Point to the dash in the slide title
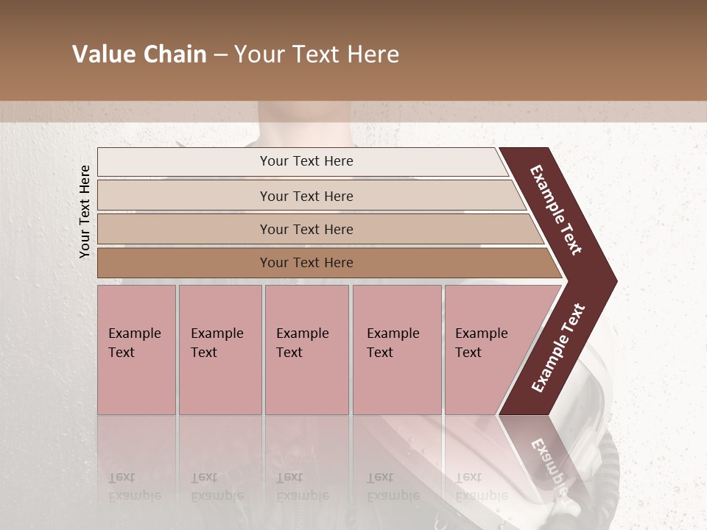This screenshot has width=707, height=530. (x=220, y=54)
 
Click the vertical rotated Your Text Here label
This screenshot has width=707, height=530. (x=85, y=211)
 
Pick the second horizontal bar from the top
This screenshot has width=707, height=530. (x=306, y=196)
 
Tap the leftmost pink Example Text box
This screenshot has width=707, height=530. (x=136, y=350)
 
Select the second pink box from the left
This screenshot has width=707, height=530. (x=220, y=350)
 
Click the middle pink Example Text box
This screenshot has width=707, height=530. (x=306, y=350)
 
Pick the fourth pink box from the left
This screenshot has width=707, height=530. (x=397, y=350)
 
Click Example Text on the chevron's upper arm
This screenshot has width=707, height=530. (x=556, y=210)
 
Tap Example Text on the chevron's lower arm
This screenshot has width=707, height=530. (x=558, y=347)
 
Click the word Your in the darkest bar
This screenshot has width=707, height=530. (x=273, y=263)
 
